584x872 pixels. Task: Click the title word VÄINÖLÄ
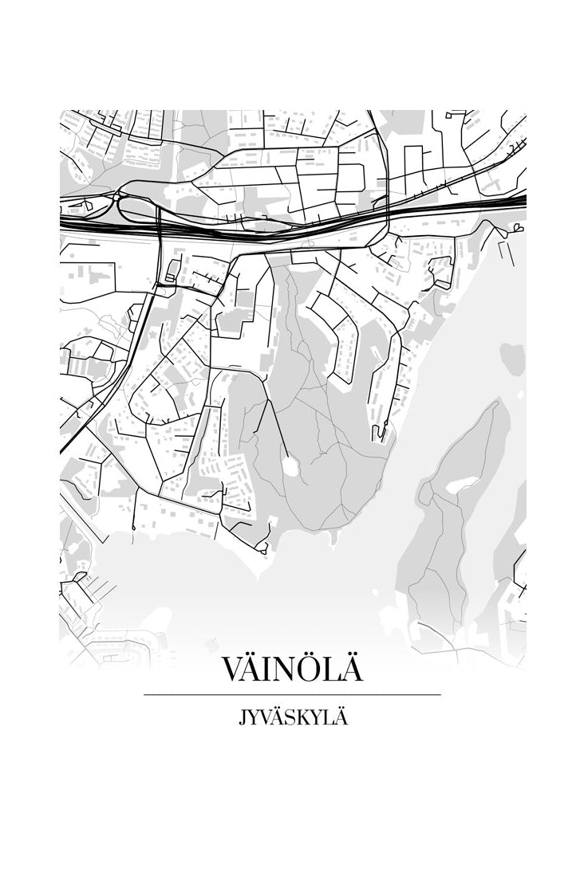pos(292,668)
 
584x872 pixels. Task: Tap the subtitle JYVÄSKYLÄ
pos(293,717)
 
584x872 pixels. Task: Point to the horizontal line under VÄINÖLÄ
pos(292,695)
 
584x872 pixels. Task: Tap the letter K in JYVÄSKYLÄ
pos(307,717)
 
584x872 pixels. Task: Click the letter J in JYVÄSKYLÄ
pos(243,718)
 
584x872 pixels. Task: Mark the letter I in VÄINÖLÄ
pos(267,670)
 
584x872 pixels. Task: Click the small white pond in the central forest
pos(290,467)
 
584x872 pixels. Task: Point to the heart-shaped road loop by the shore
pos(517,229)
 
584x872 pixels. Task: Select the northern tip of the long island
pos(495,404)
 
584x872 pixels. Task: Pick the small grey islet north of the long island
pos(512,351)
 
